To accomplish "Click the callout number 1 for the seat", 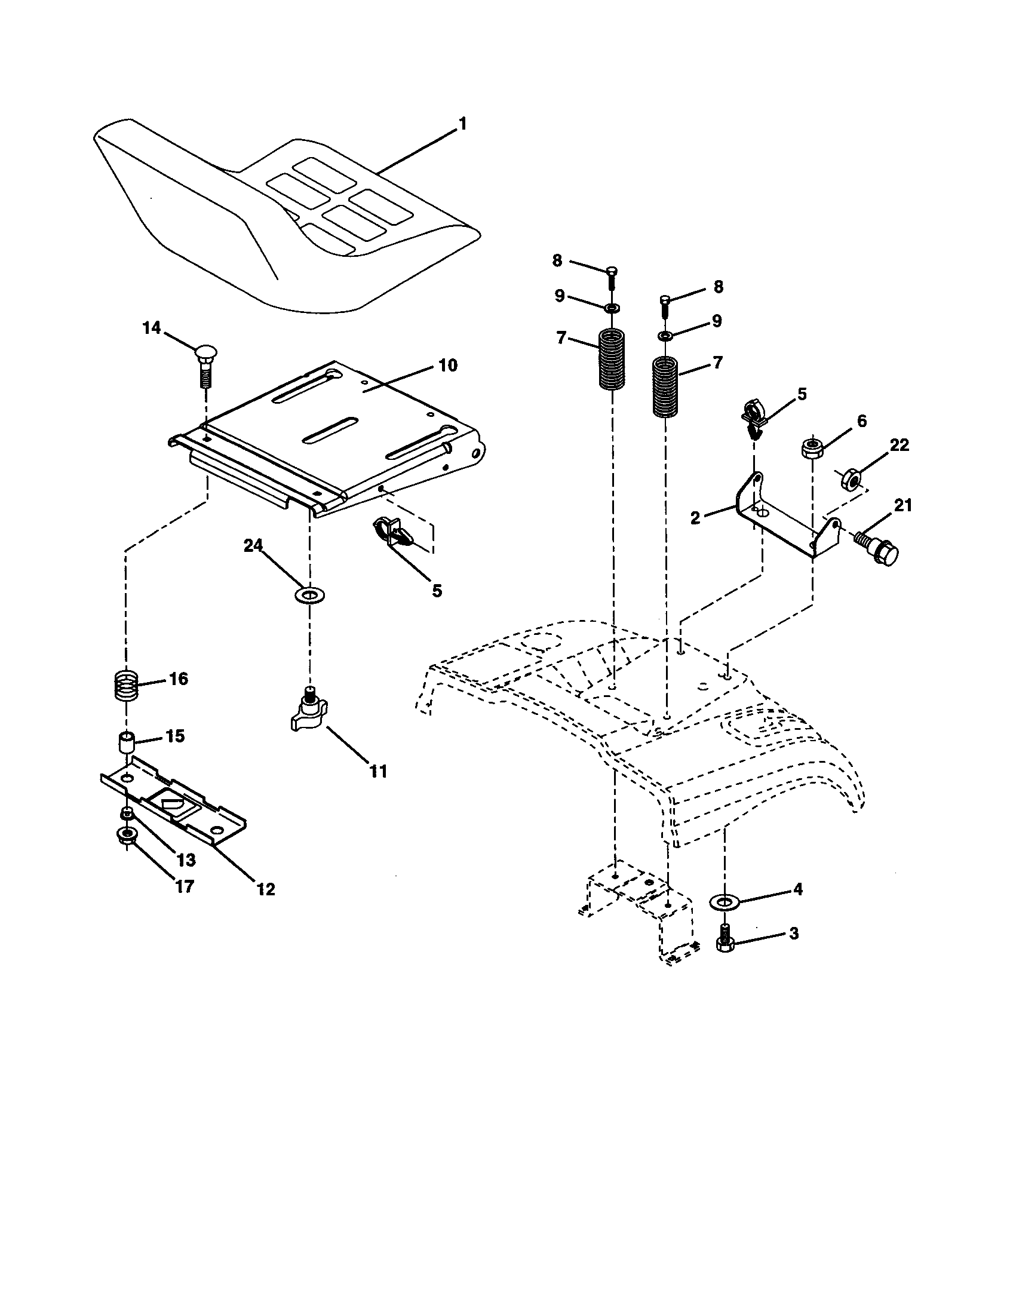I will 462,124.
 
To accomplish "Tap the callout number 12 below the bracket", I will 265,889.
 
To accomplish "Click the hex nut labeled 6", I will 812,448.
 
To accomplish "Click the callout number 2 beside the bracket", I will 695,517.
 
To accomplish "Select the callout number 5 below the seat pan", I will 436,591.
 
